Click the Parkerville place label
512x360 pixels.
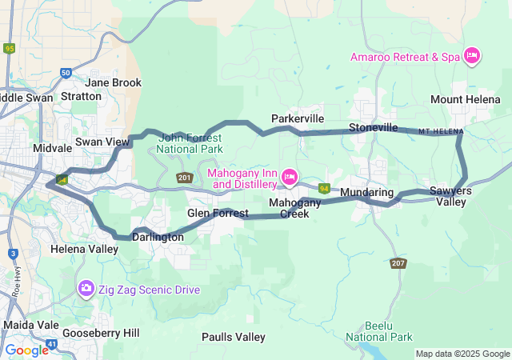pos(298,118)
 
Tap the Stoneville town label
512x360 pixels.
pos(373,127)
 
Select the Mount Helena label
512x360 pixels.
pos(464,99)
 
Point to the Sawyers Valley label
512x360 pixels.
pos(450,196)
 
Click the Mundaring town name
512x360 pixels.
pos(366,194)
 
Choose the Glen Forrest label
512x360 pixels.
pos(218,214)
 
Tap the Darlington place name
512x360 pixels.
pos(158,238)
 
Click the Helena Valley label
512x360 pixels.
pos(84,249)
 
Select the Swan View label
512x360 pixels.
pos(102,142)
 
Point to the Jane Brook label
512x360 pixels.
pos(113,82)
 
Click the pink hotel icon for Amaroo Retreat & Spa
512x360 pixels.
pos(472,55)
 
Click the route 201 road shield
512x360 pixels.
pos(184,178)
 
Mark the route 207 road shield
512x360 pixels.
pos(398,262)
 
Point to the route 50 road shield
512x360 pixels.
pos(66,73)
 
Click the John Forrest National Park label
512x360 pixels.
pos(190,143)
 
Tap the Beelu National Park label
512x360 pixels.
pos(378,331)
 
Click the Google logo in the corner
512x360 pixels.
pos(26,350)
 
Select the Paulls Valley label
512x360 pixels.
pos(234,337)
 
